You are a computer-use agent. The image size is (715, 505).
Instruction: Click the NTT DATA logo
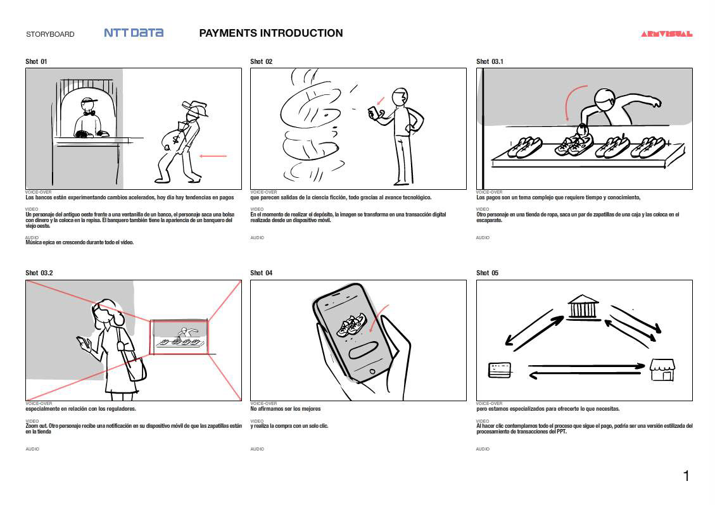134,33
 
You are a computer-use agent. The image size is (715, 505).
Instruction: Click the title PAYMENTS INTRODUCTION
271,33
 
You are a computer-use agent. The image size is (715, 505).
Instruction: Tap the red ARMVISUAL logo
666,34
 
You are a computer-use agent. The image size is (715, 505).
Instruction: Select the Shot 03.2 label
39,273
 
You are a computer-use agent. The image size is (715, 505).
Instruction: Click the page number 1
686,476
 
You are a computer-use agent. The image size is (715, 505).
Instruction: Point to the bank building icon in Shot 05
583,306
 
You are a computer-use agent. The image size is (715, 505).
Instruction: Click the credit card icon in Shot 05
500,370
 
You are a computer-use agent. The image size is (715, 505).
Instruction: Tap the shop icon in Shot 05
662,370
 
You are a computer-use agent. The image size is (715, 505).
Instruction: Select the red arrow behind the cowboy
213,156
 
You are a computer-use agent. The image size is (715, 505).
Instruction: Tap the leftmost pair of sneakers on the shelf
525,147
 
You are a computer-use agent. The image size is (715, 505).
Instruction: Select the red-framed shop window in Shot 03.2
179,337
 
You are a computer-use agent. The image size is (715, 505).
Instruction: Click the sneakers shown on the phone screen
350,324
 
